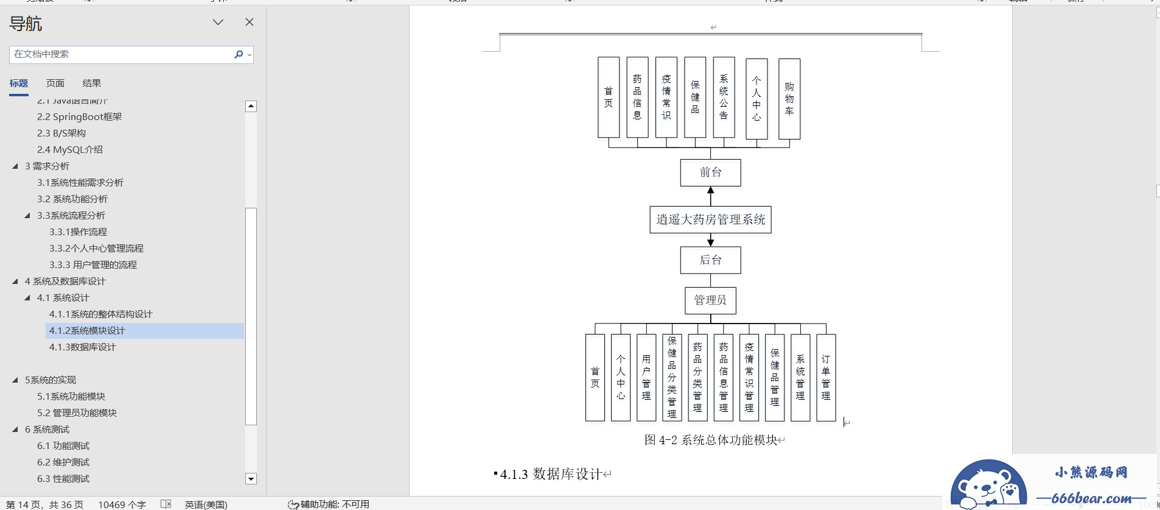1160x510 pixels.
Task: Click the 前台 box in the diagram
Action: pyautogui.click(x=710, y=173)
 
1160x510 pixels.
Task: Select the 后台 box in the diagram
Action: pyautogui.click(x=710, y=260)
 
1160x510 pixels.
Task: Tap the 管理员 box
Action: pyautogui.click(x=710, y=300)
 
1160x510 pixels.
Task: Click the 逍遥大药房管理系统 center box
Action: pyautogui.click(x=710, y=220)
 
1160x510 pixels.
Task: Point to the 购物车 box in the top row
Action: pyautogui.click(x=789, y=99)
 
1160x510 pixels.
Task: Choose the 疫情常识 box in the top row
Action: pyautogui.click(x=666, y=97)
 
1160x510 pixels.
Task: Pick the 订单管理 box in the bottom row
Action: pyautogui.click(x=826, y=378)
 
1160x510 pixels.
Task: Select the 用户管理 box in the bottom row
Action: pyautogui.click(x=646, y=378)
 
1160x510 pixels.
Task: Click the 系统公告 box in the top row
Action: pyautogui.click(x=724, y=97)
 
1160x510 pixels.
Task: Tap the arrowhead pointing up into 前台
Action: pyautogui.click(x=710, y=191)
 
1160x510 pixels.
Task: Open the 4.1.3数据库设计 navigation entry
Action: pyautogui.click(x=82, y=347)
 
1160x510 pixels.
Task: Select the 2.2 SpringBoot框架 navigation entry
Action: pyautogui.click(x=79, y=117)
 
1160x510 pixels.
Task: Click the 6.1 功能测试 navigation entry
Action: pyautogui.click(x=63, y=446)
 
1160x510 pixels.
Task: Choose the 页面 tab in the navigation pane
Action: pyautogui.click(x=55, y=83)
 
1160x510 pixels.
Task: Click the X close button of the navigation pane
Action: pyautogui.click(x=250, y=23)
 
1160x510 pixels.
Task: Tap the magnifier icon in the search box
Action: pyautogui.click(x=239, y=54)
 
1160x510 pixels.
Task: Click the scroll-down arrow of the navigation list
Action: pyautogui.click(x=251, y=479)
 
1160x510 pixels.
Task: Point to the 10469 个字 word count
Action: pyautogui.click(x=122, y=505)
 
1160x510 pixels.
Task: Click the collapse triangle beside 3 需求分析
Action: pyautogui.click(x=15, y=166)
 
